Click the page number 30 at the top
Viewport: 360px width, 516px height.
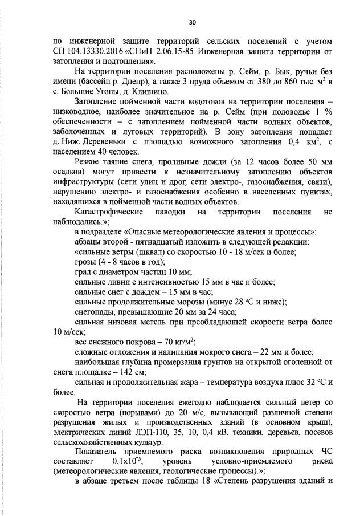pos(192,22)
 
